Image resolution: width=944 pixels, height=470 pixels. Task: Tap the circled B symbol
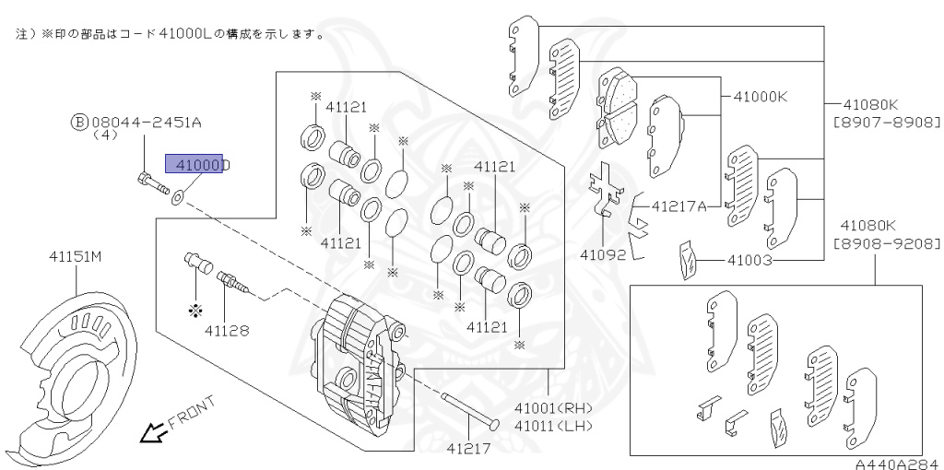point(79,121)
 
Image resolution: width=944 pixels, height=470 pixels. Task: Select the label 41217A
point(678,206)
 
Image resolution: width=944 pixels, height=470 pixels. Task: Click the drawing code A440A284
point(889,463)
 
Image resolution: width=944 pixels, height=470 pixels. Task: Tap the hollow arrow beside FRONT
point(149,430)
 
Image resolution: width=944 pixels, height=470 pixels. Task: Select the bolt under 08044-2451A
point(152,182)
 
